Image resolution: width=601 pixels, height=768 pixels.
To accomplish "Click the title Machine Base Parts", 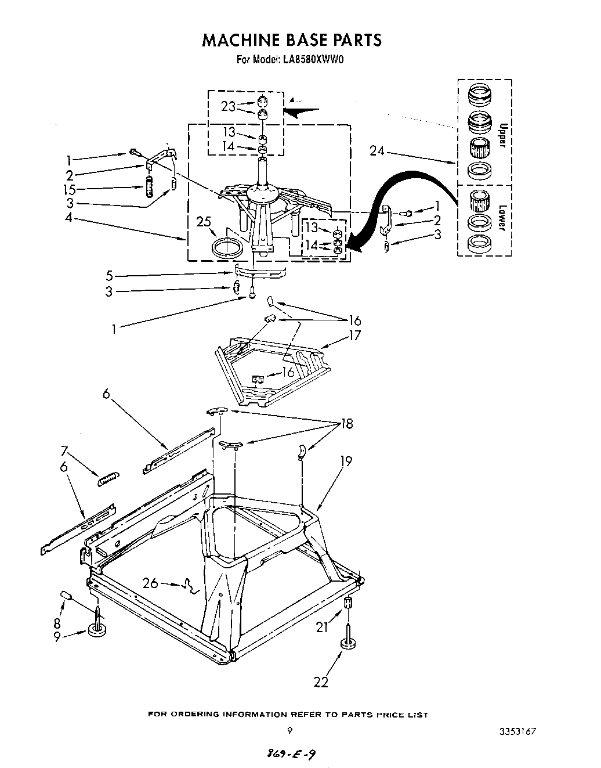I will tap(292, 39).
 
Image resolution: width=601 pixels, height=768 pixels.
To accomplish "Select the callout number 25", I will tap(204, 222).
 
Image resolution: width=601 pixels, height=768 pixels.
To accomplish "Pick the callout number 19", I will tap(346, 461).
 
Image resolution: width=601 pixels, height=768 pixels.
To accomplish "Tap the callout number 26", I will tap(150, 582).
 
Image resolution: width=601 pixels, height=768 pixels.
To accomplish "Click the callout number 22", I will tap(321, 682).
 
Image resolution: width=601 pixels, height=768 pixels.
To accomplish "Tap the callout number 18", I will tap(346, 424).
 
